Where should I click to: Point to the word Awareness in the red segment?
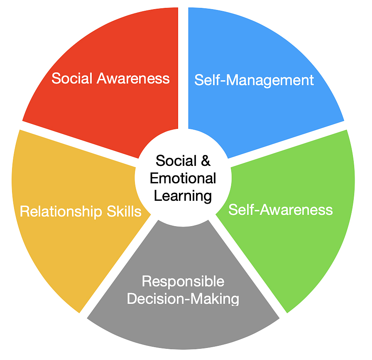[x=133, y=79]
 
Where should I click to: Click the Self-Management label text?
[x=254, y=80]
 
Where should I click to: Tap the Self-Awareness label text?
[x=281, y=210]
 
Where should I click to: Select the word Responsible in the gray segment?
[x=183, y=281]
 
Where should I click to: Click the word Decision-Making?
[x=183, y=298]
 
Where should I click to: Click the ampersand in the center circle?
[x=206, y=160]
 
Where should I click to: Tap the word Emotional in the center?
[x=183, y=178]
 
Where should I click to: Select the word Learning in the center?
[x=183, y=195]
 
